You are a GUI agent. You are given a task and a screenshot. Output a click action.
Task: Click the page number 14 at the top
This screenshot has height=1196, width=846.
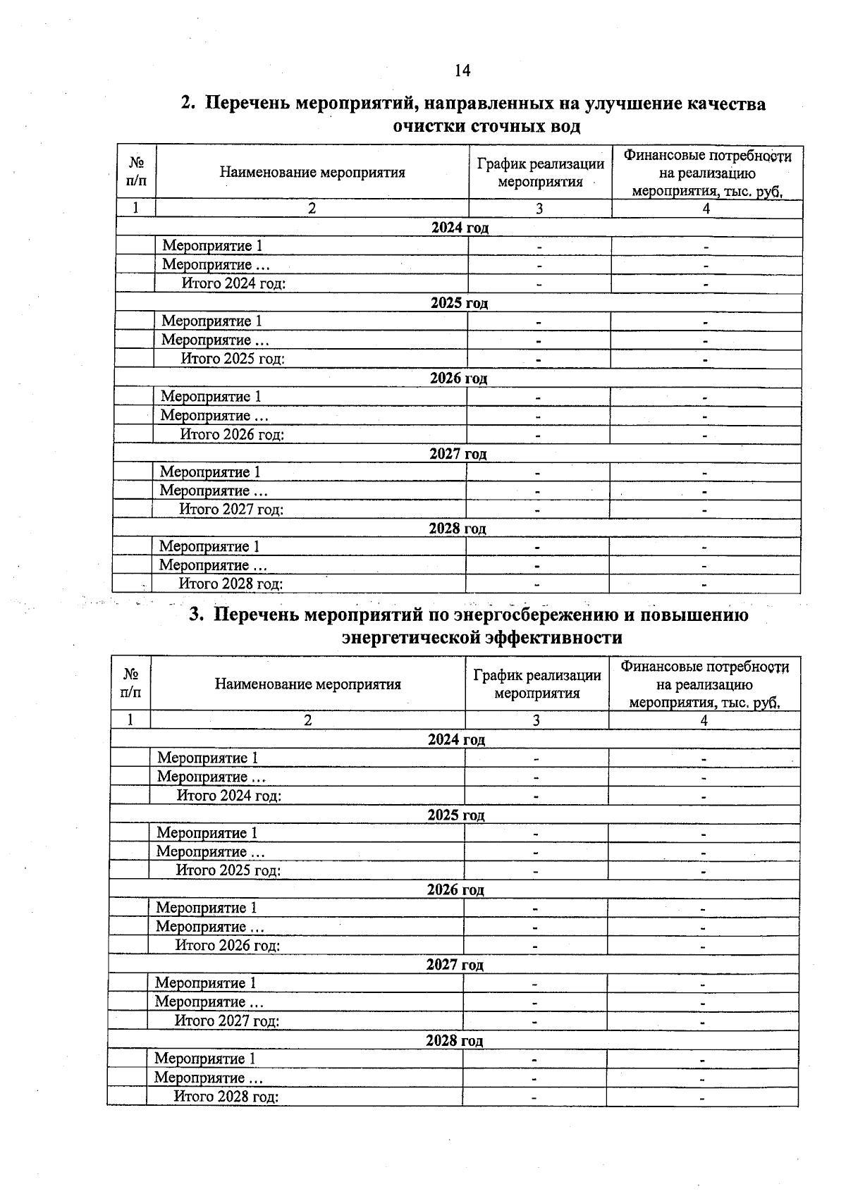[x=462, y=70]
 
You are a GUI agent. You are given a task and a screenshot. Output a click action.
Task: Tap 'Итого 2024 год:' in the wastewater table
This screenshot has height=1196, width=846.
[x=233, y=283]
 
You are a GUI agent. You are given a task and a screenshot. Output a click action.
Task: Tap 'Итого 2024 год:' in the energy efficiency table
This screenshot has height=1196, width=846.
[x=229, y=796]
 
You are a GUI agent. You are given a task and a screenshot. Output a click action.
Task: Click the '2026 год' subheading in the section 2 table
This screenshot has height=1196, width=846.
[x=459, y=378]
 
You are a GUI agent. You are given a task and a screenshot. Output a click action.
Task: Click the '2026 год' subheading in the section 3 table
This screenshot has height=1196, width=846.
[x=455, y=890]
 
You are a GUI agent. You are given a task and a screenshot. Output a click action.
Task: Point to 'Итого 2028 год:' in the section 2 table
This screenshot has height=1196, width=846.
[x=231, y=584]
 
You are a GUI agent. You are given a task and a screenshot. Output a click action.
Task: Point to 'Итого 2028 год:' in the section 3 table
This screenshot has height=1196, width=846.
[x=226, y=1097]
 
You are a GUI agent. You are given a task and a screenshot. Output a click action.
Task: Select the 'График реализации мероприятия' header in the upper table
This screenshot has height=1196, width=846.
[x=541, y=173]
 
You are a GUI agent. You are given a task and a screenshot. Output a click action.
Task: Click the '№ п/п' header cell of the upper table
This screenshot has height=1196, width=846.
[x=137, y=172]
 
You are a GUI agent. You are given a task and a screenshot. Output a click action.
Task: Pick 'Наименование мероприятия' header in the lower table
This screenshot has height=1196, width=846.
[x=308, y=684]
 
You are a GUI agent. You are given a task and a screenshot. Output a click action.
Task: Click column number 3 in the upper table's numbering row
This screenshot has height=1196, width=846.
[x=539, y=209]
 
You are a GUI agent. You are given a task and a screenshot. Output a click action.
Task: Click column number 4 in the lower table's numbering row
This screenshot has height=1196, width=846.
[x=704, y=720]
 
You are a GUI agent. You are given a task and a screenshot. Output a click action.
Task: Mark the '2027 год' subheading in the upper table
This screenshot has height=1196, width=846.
[x=458, y=454]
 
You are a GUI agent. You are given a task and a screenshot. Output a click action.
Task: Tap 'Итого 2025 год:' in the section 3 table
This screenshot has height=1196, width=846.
[x=228, y=870]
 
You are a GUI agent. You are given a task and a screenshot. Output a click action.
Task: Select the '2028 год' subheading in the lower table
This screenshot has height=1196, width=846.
[x=455, y=1041]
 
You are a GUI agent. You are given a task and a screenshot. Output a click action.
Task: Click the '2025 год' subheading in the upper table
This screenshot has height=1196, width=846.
[x=460, y=303]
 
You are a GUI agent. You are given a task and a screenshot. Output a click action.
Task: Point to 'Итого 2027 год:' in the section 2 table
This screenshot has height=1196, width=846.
[x=231, y=509]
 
